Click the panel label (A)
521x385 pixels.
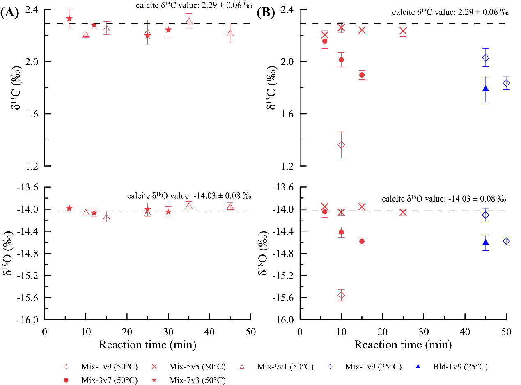pyautogui.click(x=9, y=13)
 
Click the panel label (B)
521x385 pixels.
pyautogui.click(x=266, y=13)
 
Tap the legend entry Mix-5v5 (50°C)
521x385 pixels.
pyautogui.click(x=188, y=367)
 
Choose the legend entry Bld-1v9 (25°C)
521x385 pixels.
pyautogui.click(x=452, y=367)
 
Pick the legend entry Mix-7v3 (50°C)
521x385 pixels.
pyautogui.click(x=188, y=380)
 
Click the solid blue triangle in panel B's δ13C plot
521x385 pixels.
pyautogui.click(x=486, y=89)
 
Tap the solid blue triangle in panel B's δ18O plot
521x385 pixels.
pyautogui.click(x=486, y=242)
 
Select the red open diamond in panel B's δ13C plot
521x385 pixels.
pyautogui.click(x=341, y=145)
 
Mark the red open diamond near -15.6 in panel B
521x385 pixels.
pyautogui.click(x=341, y=295)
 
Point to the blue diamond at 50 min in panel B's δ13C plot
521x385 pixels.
pyautogui.click(x=506, y=83)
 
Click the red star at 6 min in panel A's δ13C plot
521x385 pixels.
pyautogui.click(x=69, y=18)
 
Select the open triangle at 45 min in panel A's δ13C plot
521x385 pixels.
pyautogui.click(x=230, y=33)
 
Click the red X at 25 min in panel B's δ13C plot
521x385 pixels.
pyautogui.click(x=403, y=31)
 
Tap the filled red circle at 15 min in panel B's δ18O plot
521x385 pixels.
pyautogui.click(x=362, y=241)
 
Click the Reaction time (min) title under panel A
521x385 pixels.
pyautogui.click(x=147, y=345)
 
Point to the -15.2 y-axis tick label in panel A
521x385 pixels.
pyautogui.click(x=27, y=275)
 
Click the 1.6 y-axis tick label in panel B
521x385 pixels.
pyautogui.click(x=287, y=114)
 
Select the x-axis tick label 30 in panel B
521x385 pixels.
pyautogui.click(x=424, y=332)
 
